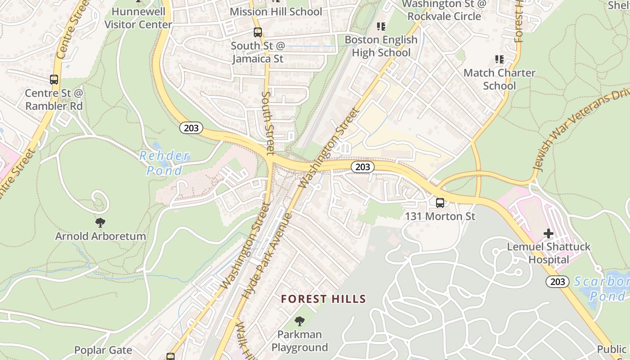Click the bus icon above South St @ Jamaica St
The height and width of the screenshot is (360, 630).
(x=257, y=32)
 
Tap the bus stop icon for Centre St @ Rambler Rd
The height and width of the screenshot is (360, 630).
(x=54, y=80)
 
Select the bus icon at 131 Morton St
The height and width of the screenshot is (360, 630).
(x=440, y=203)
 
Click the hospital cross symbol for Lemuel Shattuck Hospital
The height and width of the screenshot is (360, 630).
(x=548, y=234)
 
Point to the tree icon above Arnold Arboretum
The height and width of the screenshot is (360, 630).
(x=100, y=222)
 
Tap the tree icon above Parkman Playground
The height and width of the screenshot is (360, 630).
(x=299, y=321)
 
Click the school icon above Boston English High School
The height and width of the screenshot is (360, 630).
(x=381, y=27)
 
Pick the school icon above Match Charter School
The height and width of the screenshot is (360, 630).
(x=499, y=59)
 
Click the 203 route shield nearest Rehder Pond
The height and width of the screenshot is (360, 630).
(x=191, y=128)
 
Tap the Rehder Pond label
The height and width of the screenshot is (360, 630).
(x=165, y=163)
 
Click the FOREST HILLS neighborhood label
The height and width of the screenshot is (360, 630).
(x=324, y=299)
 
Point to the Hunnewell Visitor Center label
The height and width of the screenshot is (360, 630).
(x=138, y=18)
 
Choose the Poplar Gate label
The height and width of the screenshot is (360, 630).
(x=103, y=350)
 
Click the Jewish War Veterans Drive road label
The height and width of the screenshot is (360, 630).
(x=580, y=130)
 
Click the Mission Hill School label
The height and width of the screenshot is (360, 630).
(x=276, y=11)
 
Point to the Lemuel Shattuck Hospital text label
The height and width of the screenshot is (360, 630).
(x=549, y=253)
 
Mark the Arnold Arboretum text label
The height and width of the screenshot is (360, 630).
(x=100, y=236)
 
